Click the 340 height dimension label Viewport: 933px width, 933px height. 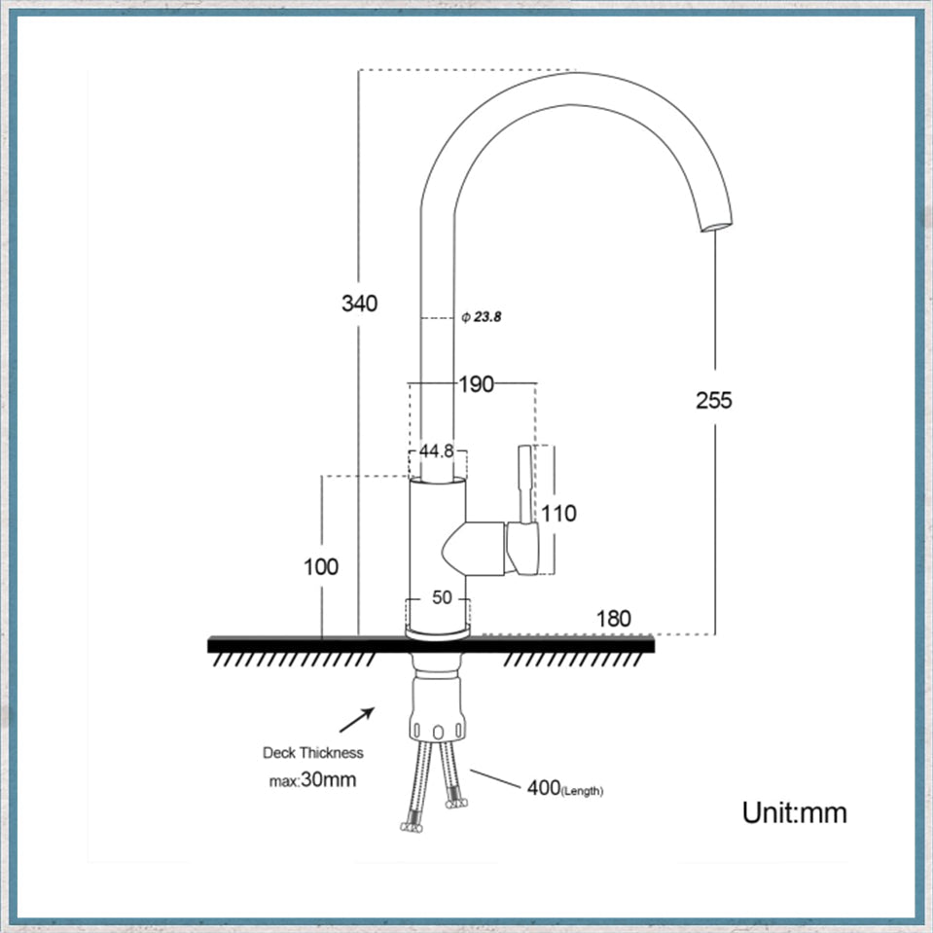tap(359, 304)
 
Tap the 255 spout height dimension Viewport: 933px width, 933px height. tap(713, 400)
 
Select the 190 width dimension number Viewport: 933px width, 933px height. tap(476, 384)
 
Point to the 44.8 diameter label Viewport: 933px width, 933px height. tap(437, 451)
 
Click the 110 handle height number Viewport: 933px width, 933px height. tap(558, 513)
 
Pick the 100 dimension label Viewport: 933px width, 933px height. tap(320, 566)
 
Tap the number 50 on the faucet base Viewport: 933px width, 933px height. tap(442, 597)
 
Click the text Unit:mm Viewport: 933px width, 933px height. tap(794, 812)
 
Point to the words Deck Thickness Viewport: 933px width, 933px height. tap(312, 752)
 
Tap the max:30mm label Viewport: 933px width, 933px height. tap(311, 779)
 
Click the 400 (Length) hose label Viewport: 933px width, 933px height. tap(564, 788)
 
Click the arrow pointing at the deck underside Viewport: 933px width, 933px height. tap(356, 721)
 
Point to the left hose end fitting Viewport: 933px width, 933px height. tap(412, 823)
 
